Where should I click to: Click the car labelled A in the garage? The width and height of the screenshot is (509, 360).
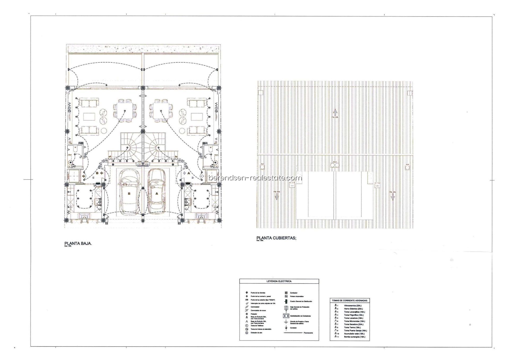(x=156, y=192)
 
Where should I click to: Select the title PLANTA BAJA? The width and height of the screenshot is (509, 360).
(x=78, y=243)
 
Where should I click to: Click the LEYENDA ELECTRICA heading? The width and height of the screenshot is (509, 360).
(x=279, y=281)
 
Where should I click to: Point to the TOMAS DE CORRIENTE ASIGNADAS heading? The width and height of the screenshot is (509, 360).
(x=350, y=301)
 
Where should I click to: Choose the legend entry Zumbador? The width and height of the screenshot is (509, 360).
(x=293, y=293)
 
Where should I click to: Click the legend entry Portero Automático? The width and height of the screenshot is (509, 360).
(x=297, y=296)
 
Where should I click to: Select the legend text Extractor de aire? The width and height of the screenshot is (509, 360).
(x=256, y=333)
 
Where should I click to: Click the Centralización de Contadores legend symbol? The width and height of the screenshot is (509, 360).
(x=286, y=316)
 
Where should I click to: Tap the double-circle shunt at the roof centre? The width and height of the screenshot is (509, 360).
(x=335, y=165)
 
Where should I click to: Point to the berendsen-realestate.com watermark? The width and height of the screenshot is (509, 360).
(x=255, y=178)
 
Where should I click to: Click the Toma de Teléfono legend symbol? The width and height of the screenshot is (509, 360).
(x=247, y=326)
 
